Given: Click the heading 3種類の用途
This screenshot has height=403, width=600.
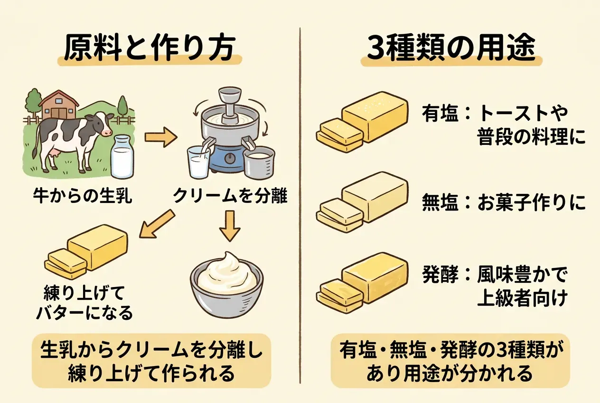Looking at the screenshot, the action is (451, 49).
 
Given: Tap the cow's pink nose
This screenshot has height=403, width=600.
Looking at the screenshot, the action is (107, 132).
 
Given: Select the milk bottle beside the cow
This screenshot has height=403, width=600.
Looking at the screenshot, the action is (122, 156).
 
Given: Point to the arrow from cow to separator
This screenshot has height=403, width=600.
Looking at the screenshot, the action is (161, 137).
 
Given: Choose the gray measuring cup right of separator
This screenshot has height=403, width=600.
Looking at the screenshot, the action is (259, 162).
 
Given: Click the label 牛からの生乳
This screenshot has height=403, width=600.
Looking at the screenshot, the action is (83, 196).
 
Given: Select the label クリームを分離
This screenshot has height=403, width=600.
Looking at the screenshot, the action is (230, 196).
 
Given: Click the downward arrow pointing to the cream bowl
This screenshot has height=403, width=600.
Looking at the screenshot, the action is (230, 226).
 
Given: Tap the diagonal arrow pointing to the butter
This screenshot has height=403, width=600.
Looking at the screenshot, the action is (157, 224).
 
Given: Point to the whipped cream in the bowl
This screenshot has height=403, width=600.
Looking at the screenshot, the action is (226, 273).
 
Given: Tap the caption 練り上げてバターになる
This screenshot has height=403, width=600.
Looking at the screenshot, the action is (84, 303).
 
